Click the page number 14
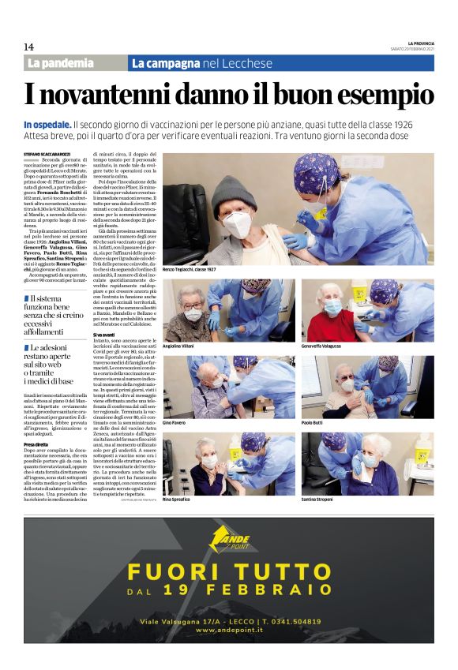coord(28,47)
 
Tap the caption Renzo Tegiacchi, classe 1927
coord(190,270)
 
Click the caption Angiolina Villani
coord(180,346)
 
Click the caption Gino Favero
coord(175,423)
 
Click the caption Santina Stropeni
coord(319,500)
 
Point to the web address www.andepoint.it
coord(228,631)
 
